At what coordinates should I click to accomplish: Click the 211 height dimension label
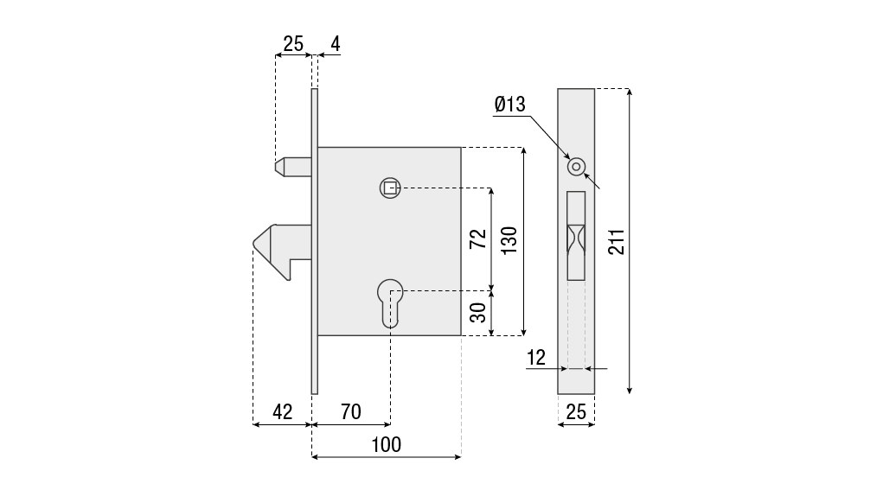(x=617, y=241)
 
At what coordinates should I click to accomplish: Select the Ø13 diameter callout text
(x=509, y=105)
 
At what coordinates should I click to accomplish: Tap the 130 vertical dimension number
(x=509, y=240)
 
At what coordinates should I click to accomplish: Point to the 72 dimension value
(x=478, y=239)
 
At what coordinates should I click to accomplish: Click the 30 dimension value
(x=478, y=312)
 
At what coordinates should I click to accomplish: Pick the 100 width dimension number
(x=387, y=444)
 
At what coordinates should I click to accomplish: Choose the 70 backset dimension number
(x=351, y=412)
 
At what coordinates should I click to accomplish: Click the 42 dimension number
(x=283, y=412)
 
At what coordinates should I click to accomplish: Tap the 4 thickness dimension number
(x=336, y=44)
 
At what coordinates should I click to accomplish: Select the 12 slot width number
(x=537, y=357)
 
